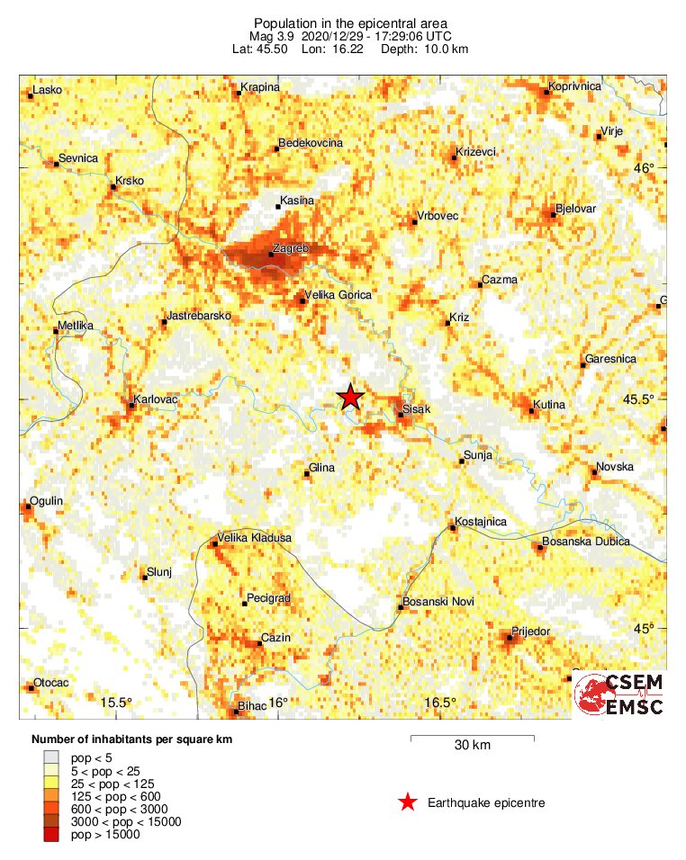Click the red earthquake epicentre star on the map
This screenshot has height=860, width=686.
(350, 397)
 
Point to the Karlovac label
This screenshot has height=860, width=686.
(153, 398)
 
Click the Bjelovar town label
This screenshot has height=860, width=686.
(576, 209)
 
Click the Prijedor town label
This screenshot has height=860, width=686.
(530, 632)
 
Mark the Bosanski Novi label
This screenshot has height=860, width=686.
(436, 601)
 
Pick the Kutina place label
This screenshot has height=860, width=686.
(548, 405)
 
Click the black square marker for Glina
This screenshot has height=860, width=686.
(307, 473)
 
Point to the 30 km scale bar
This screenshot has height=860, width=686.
(472, 739)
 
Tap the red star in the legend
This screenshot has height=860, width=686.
(408, 802)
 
